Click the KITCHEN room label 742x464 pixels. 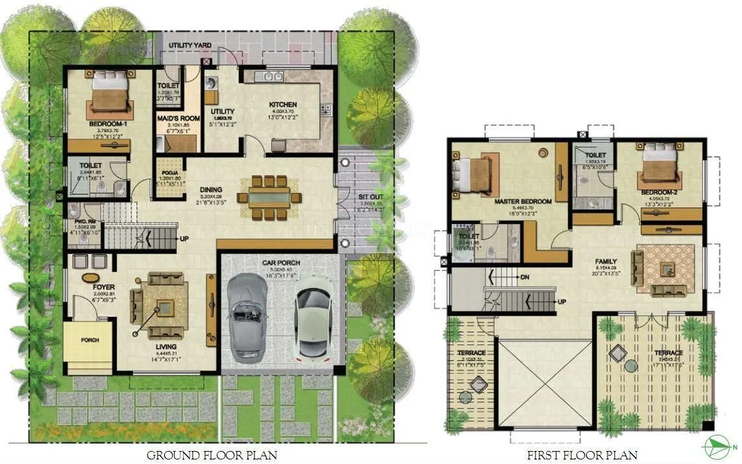[x=283, y=104]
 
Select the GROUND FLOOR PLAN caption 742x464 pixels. [x=212, y=455]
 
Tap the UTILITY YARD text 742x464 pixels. [x=190, y=45]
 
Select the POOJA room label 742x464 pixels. [x=169, y=174]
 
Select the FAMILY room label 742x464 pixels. [x=606, y=263]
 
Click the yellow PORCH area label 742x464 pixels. [x=90, y=340]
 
